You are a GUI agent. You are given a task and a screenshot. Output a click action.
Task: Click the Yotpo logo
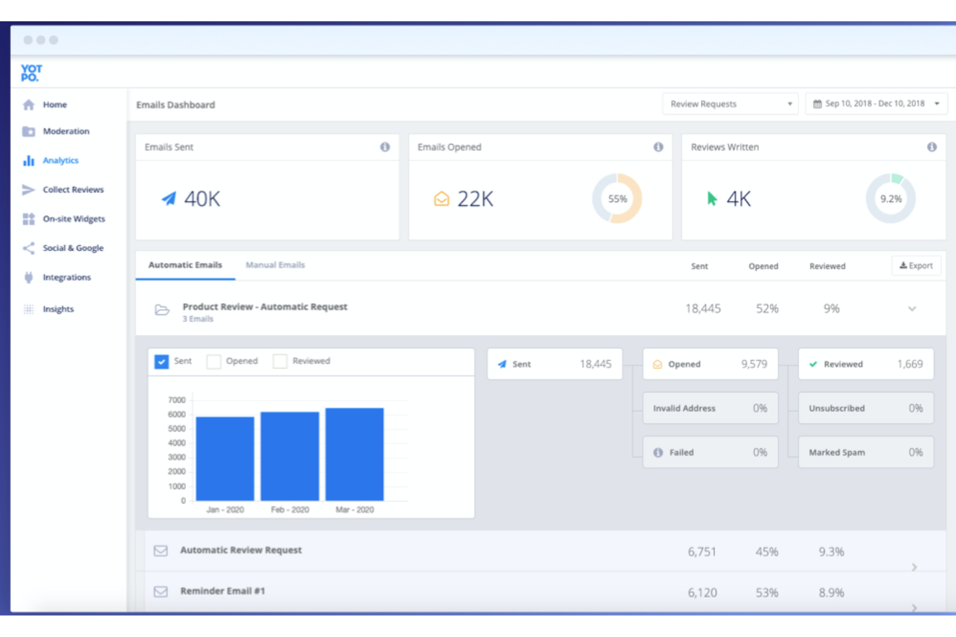(x=31, y=73)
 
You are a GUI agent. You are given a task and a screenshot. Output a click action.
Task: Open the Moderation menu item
(x=66, y=132)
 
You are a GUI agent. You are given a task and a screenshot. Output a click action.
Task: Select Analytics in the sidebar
(x=60, y=161)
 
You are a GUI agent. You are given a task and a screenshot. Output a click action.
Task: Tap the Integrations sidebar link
(x=67, y=278)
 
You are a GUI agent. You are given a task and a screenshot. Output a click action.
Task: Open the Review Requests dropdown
(x=730, y=104)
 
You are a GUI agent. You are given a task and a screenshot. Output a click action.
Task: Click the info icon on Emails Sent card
(x=385, y=147)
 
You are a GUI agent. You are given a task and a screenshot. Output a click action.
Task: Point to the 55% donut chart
(x=617, y=199)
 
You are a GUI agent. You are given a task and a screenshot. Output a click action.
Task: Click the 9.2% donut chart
(x=891, y=199)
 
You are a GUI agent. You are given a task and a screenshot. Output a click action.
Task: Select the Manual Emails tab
(x=275, y=265)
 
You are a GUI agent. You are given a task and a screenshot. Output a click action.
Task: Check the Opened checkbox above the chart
(x=214, y=361)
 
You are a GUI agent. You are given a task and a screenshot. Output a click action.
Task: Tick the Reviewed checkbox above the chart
(x=280, y=361)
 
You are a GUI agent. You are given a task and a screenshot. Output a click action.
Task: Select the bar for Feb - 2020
(x=289, y=456)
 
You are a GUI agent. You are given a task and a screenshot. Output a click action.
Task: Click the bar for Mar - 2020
(x=355, y=454)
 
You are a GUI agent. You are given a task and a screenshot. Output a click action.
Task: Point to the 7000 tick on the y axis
(x=176, y=400)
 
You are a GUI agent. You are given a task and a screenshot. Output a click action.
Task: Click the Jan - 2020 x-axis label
(x=225, y=510)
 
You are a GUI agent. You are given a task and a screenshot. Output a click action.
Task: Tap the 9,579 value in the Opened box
(x=754, y=364)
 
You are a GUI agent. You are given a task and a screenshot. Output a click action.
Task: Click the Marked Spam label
(x=836, y=452)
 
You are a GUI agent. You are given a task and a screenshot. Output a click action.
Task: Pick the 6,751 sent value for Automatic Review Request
(x=701, y=552)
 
